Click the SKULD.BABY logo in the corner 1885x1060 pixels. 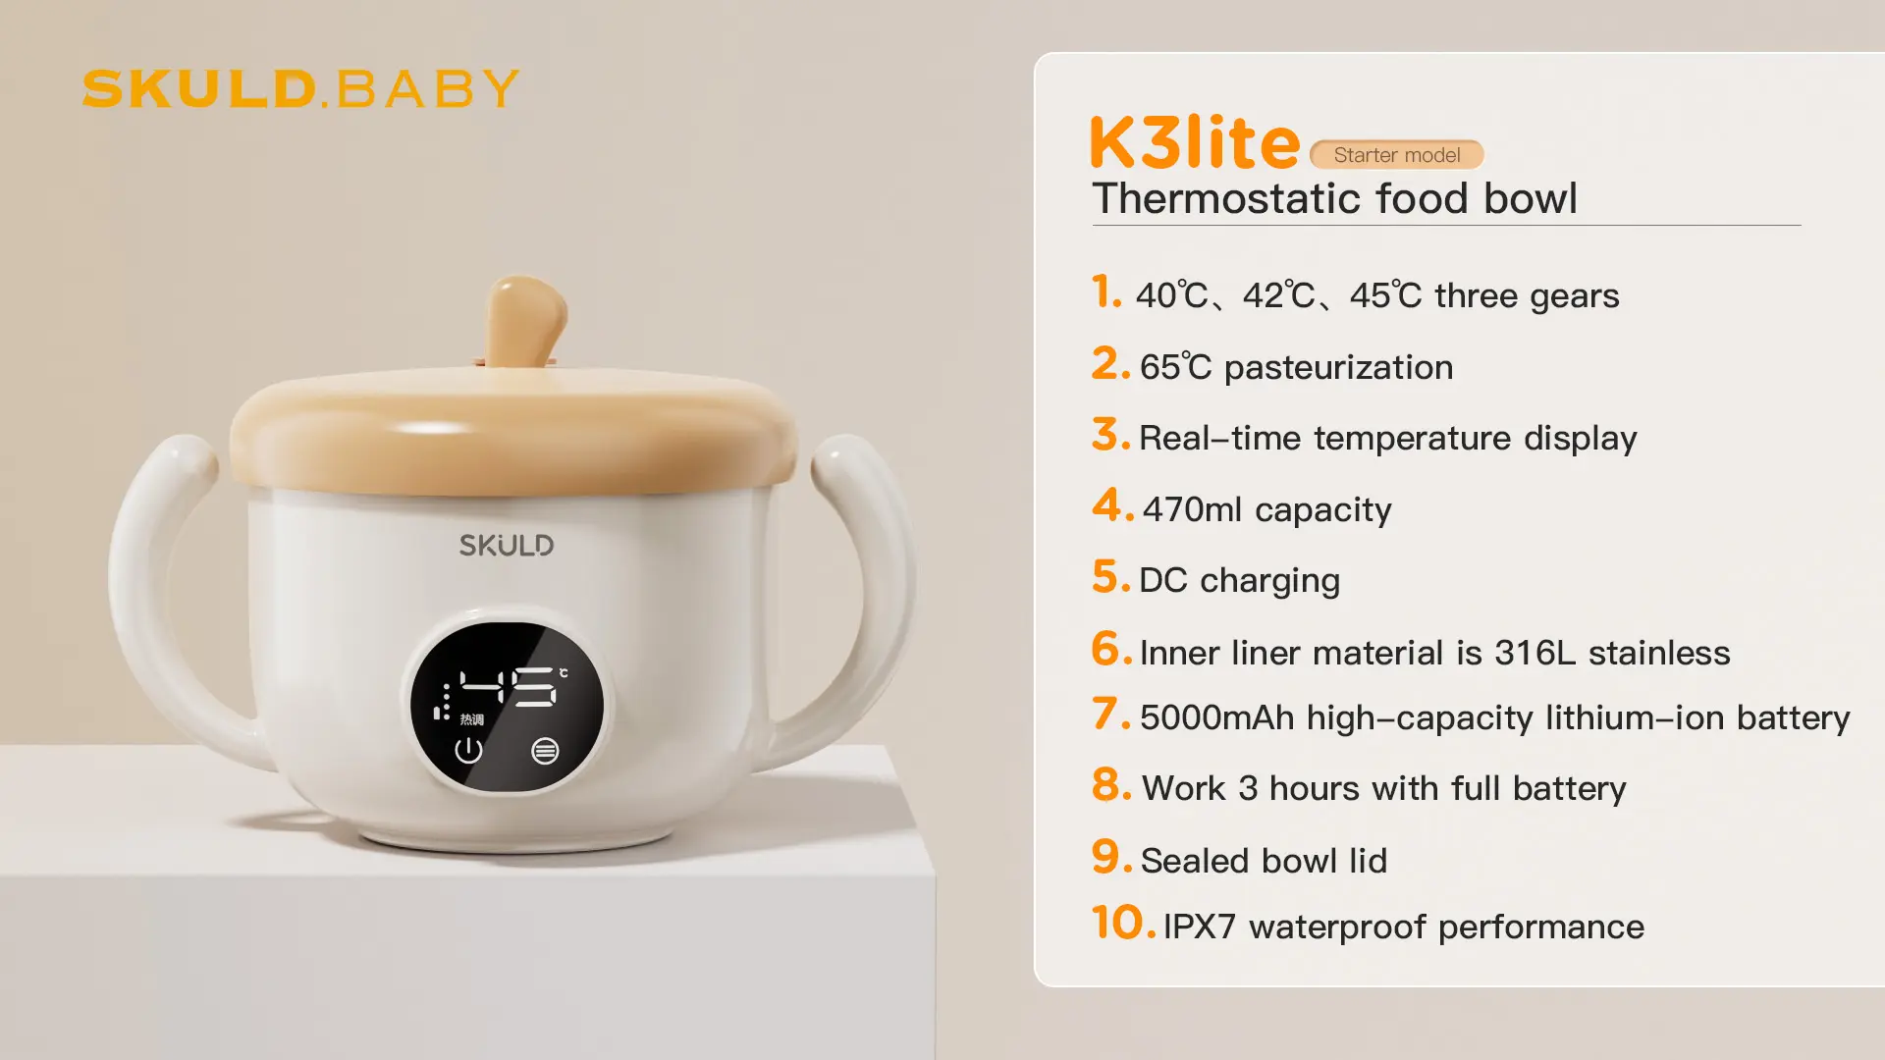point(300,88)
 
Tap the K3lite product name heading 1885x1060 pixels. point(1195,142)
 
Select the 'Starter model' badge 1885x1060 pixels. point(1396,155)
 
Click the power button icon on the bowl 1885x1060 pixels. point(468,751)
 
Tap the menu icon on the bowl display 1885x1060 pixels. point(545,751)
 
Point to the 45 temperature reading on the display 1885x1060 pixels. point(509,687)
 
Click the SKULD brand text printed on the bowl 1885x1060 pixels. point(507,545)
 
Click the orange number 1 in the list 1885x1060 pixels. point(1106,291)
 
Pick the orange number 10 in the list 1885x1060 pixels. point(1124,923)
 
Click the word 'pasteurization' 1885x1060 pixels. point(1338,368)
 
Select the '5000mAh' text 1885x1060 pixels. point(1217,717)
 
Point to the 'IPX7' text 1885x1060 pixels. point(1199,927)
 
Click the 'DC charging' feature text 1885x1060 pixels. point(1239,581)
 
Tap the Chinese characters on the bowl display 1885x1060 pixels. point(471,719)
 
